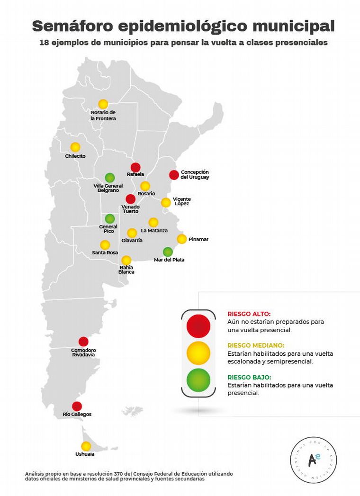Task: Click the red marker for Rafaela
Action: click(x=135, y=167)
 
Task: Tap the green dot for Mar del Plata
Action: click(x=168, y=252)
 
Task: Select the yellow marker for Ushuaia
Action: click(x=86, y=446)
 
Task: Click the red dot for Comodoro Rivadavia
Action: click(x=83, y=342)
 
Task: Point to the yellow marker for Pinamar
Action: click(x=182, y=239)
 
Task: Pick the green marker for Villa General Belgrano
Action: click(x=109, y=178)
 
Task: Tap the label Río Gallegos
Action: click(x=77, y=415)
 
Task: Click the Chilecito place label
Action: click(x=75, y=156)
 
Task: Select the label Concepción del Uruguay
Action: click(x=195, y=174)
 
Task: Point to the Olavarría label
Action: click(x=132, y=241)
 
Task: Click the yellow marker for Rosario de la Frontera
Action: click(x=103, y=104)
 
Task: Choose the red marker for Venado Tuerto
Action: click(x=130, y=199)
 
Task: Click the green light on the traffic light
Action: click(x=198, y=379)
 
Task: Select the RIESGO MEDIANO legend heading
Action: click(x=256, y=345)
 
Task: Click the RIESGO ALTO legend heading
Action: click(x=249, y=314)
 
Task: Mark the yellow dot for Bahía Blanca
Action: click(x=126, y=261)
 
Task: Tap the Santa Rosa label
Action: click(x=105, y=253)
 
